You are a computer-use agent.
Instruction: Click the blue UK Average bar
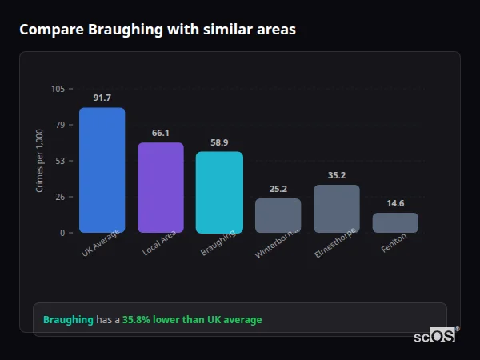tap(102, 170)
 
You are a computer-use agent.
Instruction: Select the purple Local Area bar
tap(160, 188)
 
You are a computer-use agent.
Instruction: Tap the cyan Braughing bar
tap(219, 192)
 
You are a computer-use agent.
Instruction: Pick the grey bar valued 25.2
tap(278, 215)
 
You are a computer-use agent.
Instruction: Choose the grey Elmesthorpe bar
tap(336, 209)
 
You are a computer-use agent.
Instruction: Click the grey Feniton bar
tap(395, 222)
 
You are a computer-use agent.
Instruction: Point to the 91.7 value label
tap(102, 98)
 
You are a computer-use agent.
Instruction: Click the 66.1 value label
tap(160, 133)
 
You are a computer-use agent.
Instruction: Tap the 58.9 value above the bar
tap(219, 142)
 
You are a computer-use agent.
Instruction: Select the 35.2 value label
tap(336, 175)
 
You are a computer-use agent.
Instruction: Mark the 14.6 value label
tap(395, 203)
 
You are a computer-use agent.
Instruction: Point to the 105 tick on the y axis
tap(58, 89)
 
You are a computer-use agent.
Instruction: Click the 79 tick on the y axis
tap(60, 125)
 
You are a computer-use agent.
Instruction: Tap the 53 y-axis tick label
tap(60, 161)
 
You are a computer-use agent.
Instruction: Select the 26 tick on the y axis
tap(60, 197)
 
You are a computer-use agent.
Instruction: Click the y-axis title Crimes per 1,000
tap(39, 161)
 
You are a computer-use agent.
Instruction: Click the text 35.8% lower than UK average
tap(192, 320)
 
